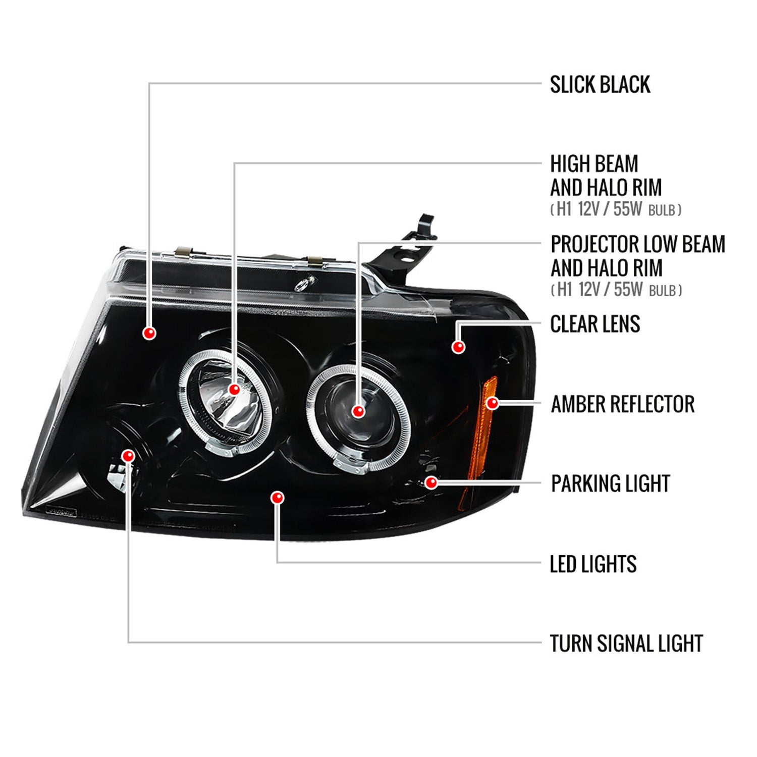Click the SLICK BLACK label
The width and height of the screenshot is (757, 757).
click(600, 85)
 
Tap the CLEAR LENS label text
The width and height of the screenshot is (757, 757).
click(595, 324)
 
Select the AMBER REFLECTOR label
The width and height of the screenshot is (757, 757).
click(622, 404)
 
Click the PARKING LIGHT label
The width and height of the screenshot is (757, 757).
click(610, 483)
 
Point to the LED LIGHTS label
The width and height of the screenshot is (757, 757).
click(593, 564)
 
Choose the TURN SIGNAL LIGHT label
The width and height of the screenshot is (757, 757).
click(626, 643)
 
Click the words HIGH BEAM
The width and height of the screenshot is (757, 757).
click(594, 164)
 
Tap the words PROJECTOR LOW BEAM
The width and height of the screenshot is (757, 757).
click(637, 244)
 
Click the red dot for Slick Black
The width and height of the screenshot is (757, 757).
click(149, 333)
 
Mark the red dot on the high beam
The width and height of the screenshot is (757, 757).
click(234, 390)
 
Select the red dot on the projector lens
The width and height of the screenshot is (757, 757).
click(358, 411)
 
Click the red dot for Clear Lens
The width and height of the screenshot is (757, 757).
click(458, 347)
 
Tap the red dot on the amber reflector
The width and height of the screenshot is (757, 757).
click(493, 403)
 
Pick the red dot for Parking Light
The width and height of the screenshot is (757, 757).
click(431, 483)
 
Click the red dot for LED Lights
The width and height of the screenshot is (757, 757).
click(277, 498)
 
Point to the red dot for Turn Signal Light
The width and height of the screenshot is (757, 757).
click(128, 456)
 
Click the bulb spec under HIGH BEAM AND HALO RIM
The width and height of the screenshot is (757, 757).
click(616, 209)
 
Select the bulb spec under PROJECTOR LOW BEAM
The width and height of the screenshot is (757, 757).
click(616, 290)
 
